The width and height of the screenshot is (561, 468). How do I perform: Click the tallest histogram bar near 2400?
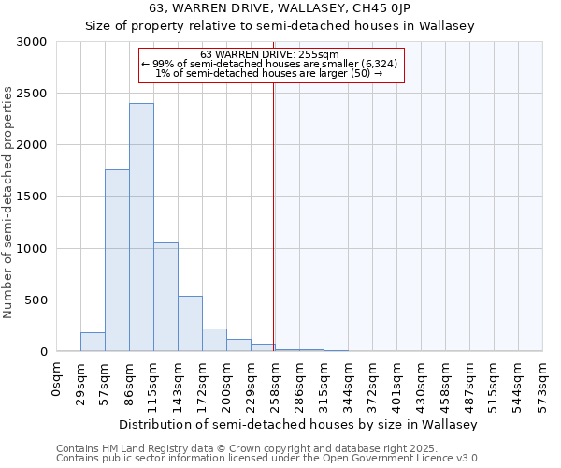click(x=141, y=227)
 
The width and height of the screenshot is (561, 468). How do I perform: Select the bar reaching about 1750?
click(x=117, y=260)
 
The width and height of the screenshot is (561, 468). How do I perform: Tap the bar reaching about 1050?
click(x=165, y=297)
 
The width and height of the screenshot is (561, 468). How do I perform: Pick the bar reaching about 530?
click(x=190, y=324)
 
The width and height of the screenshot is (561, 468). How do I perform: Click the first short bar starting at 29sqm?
click(x=93, y=342)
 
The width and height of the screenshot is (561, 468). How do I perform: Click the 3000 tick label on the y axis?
click(x=32, y=42)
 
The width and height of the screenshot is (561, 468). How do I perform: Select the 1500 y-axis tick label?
click(x=32, y=197)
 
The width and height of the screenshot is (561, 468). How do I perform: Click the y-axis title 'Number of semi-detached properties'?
click(x=8, y=202)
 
